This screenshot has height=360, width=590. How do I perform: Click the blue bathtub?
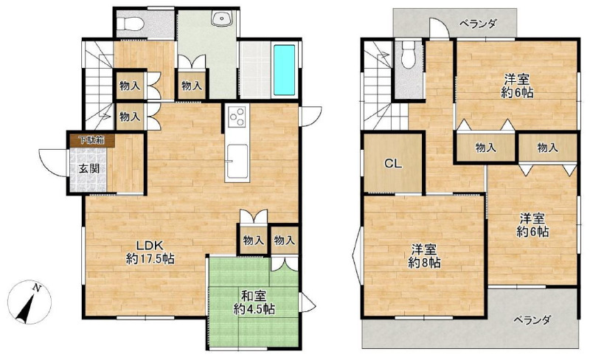point(284,70)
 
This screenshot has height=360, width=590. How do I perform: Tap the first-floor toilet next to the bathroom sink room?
point(130,24)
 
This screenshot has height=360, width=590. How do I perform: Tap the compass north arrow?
point(27,304)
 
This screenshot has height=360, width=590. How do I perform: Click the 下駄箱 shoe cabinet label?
point(91,140)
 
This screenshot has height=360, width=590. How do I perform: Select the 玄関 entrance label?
point(89,168)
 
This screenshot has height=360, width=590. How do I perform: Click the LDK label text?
point(149,246)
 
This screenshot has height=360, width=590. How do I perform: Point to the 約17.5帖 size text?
point(150,259)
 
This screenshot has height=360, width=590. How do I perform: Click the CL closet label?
point(393,164)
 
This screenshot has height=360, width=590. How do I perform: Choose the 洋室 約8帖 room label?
point(424,256)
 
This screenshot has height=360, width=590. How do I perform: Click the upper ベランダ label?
point(478,24)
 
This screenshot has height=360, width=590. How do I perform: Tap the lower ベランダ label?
point(532,319)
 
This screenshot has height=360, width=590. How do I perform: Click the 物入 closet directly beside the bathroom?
point(192,86)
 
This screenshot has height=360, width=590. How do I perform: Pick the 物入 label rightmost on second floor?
point(547,148)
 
